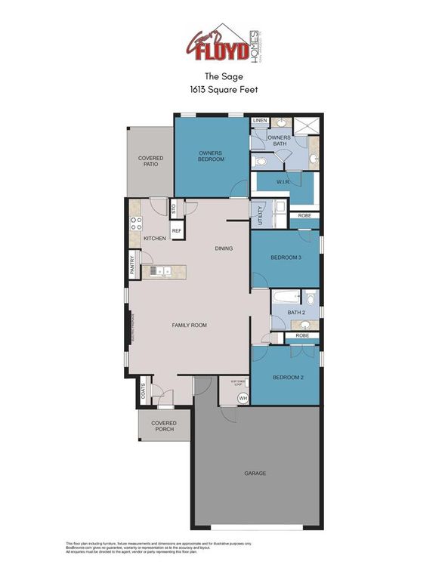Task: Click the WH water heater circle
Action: pyautogui.click(x=243, y=398)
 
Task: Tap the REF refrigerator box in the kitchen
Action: pyautogui.click(x=176, y=231)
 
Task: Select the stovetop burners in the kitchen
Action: pyautogui.click(x=137, y=223)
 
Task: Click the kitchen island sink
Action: pyautogui.click(x=154, y=270)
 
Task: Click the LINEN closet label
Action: pyautogui.click(x=260, y=121)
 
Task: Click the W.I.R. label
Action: pyautogui.click(x=284, y=182)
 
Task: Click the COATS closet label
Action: pyautogui.click(x=142, y=393)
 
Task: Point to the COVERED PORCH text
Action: pyautogui.click(x=162, y=426)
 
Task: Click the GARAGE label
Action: pyautogui.click(x=255, y=474)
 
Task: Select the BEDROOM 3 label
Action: pyautogui.click(x=286, y=258)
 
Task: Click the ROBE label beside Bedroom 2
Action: pyautogui.click(x=302, y=335)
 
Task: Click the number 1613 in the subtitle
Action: pyautogui.click(x=202, y=88)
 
